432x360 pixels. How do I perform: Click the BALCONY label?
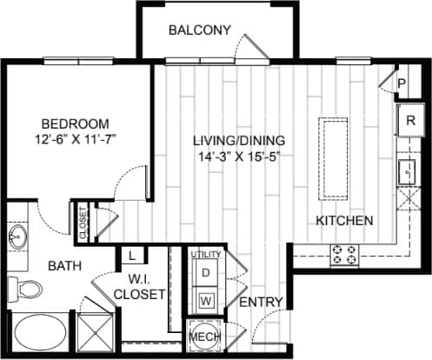pyautogui.click(x=199, y=30)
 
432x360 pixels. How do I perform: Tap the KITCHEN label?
pyautogui.click(x=344, y=220)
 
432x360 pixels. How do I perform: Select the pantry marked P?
pyautogui.click(x=402, y=83)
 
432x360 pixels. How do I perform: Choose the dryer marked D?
pyautogui.click(x=207, y=272)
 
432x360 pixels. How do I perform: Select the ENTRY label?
pyautogui.click(x=259, y=302)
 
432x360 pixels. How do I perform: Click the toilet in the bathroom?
pyautogui.click(x=23, y=288)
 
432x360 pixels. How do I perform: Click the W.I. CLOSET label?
pyautogui.click(x=139, y=286)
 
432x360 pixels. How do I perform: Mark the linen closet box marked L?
pyautogui.click(x=131, y=256)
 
